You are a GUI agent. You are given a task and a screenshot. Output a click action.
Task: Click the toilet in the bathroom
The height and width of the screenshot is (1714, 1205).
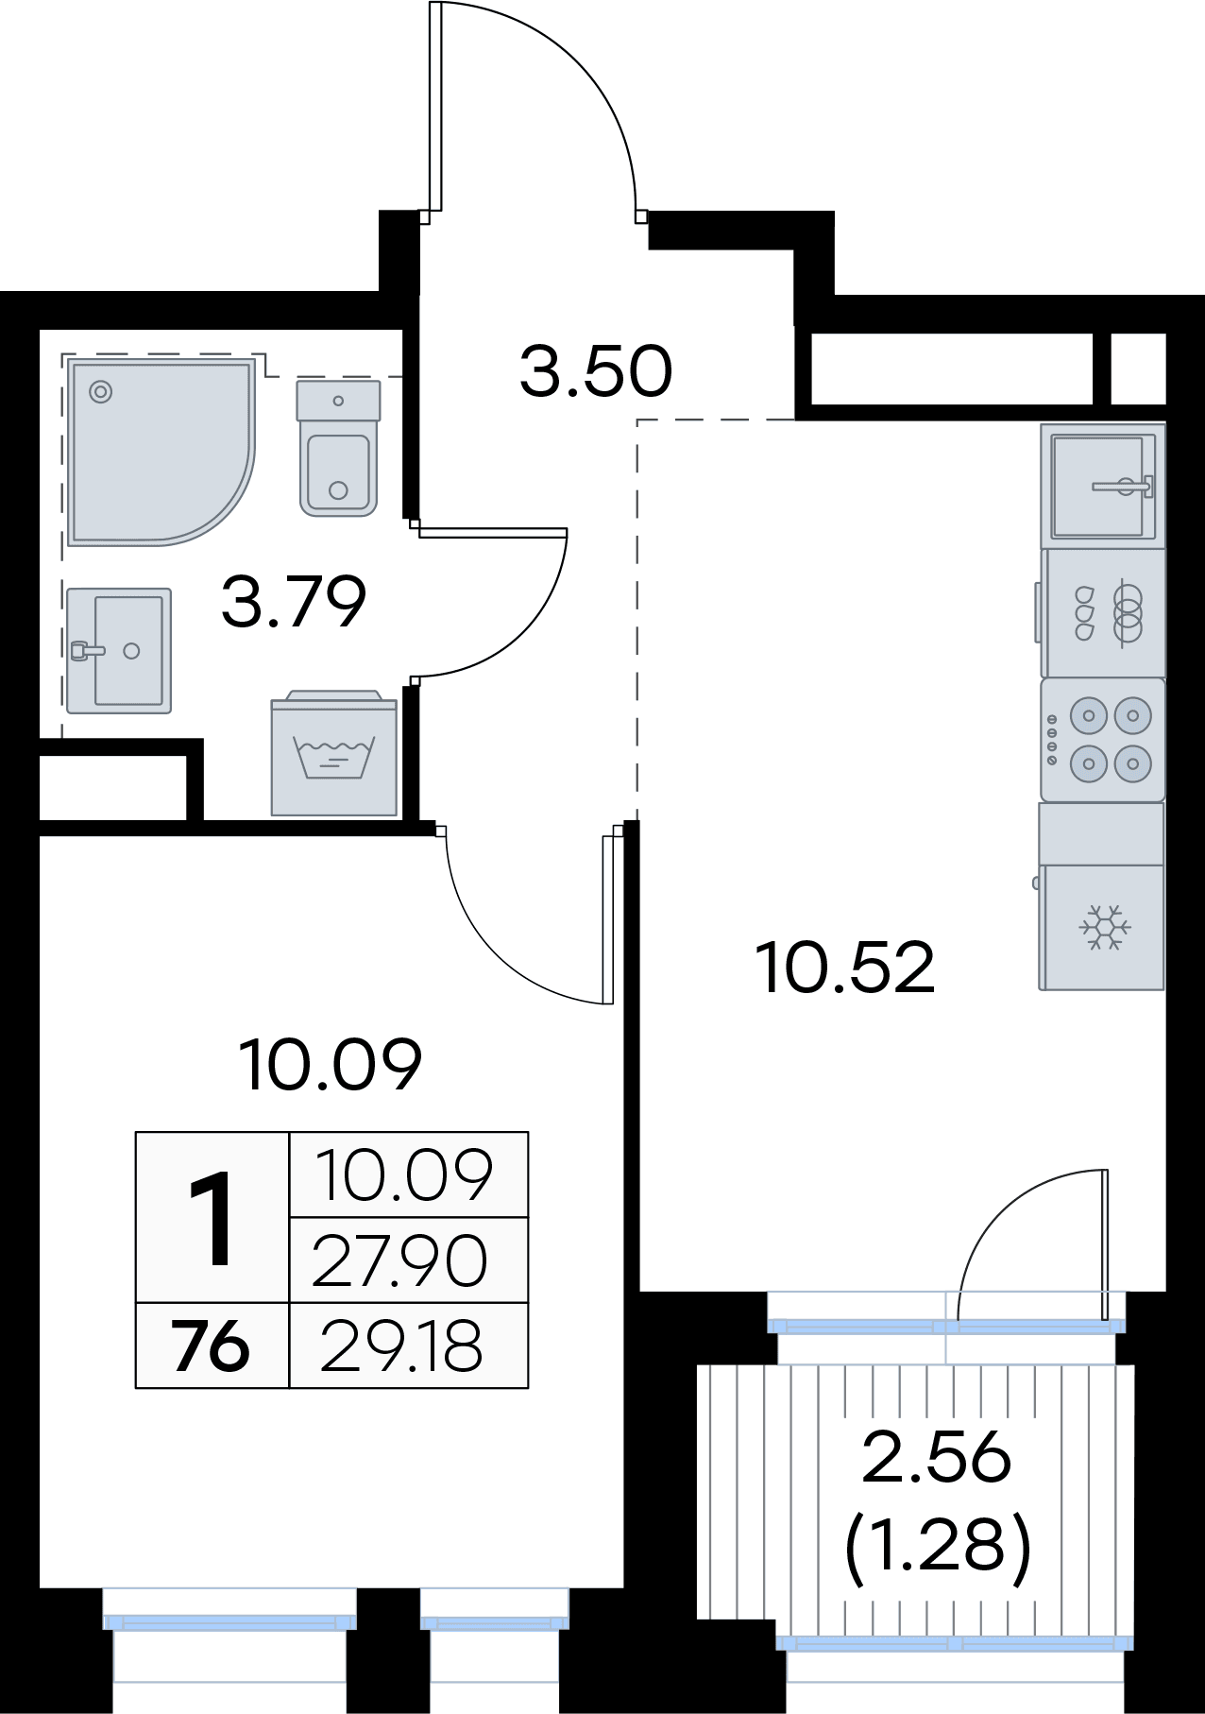338,448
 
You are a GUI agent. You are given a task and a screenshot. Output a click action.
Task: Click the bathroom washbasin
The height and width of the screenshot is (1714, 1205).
119,650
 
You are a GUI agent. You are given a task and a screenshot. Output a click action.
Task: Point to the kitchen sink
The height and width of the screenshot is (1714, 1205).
1103,486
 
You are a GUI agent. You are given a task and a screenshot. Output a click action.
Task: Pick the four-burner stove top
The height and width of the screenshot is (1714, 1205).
1103,739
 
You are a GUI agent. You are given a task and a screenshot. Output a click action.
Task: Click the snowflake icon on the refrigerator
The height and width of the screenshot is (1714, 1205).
1105,928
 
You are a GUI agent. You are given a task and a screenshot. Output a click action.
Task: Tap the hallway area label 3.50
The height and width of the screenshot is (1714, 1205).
596,371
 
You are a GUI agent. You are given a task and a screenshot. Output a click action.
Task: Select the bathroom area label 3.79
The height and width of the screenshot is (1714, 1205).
294,602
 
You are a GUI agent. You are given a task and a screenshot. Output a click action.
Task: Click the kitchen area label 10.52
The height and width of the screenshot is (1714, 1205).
846,968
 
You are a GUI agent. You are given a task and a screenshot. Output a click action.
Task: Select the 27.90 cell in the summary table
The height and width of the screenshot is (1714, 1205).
399,1261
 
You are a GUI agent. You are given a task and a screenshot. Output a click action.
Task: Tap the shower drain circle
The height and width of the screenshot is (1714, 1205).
100,391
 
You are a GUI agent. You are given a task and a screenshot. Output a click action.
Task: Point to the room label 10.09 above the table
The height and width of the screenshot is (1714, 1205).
331,1065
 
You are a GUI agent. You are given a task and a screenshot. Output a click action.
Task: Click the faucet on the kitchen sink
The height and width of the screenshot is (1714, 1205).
1124,487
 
